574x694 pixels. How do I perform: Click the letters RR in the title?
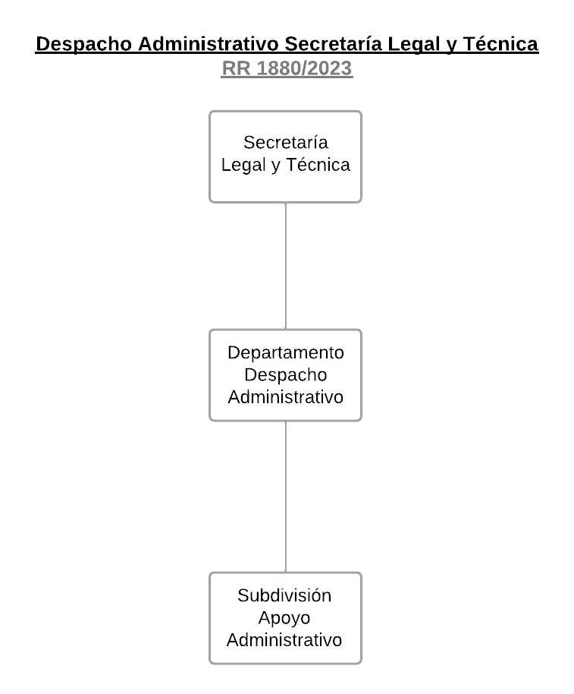pyautogui.click(x=237, y=68)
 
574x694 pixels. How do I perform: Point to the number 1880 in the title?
pyautogui.click(x=278, y=68)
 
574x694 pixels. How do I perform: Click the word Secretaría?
pyautogui.click(x=286, y=143)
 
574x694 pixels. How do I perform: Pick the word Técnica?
pyautogui.click(x=318, y=166)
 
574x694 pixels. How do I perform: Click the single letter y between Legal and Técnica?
pyautogui.click(x=275, y=166)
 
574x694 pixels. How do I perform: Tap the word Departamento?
pyautogui.click(x=286, y=353)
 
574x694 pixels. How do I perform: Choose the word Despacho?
pyautogui.click(x=286, y=375)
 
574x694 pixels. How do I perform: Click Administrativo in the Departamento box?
pyautogui.click(x=286, y=397)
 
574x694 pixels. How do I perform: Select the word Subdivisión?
pyautogui.click(x=284, y=596)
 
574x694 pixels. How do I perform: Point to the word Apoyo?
pyautogui.click(x=284, y=618)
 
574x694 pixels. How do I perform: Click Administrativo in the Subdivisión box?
pyautogui.click(x=284, y=640)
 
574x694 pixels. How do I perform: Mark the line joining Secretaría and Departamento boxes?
pyautogui.click(x=286, y=266)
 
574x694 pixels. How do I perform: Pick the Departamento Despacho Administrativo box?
pyautogui.click(x=286, y=336)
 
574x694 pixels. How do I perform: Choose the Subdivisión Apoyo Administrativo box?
pyautogui.click(x=286, y=580)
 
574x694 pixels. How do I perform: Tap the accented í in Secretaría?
pyautogui.click(x=317, y=143)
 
